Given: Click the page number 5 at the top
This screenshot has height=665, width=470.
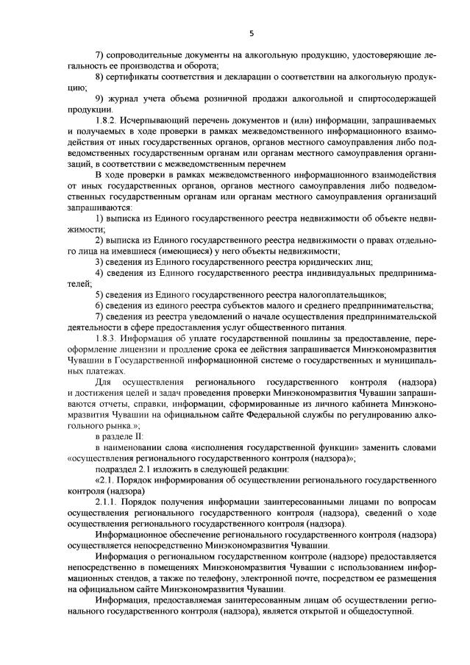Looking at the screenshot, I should [251, 33].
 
